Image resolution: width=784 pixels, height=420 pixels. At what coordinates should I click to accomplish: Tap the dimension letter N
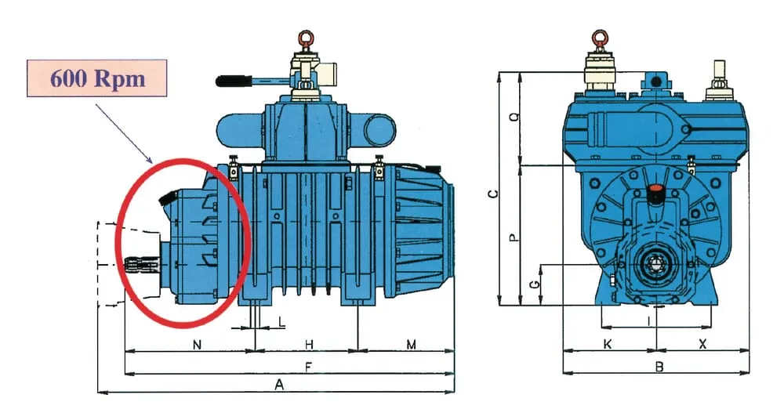pos(196,344)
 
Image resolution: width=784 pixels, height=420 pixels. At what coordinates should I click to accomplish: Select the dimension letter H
pos(309,344)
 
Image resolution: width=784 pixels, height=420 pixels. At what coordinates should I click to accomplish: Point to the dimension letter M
pos(411,344)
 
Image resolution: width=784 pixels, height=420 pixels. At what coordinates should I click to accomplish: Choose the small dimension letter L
pos(281,322)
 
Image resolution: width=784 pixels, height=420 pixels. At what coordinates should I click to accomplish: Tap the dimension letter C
pos(492,193)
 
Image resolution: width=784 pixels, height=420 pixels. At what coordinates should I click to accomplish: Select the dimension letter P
pos(514,236)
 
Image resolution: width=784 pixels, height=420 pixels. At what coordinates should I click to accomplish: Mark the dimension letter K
pos(608,344)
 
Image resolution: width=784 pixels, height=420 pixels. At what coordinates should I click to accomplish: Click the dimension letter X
pos(702,344)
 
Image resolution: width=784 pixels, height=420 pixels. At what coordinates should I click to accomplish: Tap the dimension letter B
pos(659,366)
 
